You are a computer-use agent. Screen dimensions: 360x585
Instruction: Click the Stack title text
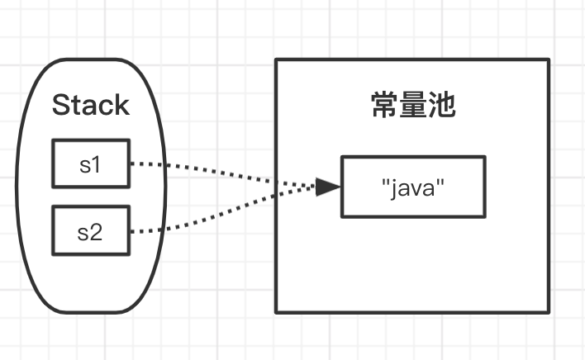91,105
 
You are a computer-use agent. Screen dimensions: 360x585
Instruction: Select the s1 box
90,163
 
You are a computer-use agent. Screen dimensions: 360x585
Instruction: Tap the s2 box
90,231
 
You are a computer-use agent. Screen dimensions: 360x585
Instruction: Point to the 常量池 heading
412,107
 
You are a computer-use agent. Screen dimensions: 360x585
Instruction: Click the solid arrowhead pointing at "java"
329,187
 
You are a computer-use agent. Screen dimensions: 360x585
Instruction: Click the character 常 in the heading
383,107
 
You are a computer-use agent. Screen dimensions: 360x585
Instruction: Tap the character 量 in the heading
412,107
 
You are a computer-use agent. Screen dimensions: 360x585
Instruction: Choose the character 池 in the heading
441,107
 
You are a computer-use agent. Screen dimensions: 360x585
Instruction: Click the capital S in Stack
60,105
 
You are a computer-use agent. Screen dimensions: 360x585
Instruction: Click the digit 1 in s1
96,164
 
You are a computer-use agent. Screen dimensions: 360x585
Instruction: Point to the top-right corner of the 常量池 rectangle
549,59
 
